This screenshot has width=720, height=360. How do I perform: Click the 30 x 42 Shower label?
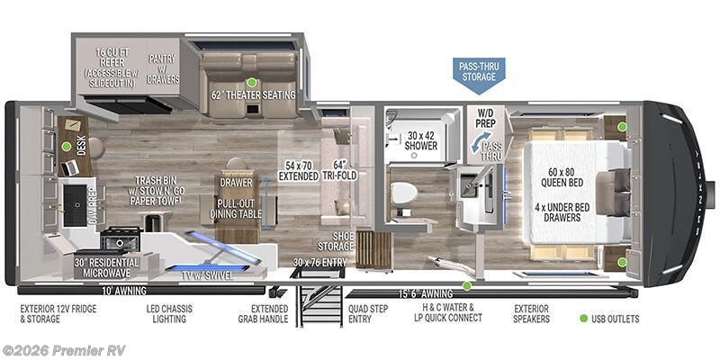(x=420, y=140)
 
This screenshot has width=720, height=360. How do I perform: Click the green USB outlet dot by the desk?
(x=67, y=146)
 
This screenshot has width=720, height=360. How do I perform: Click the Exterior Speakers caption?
(x=531, y=312)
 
